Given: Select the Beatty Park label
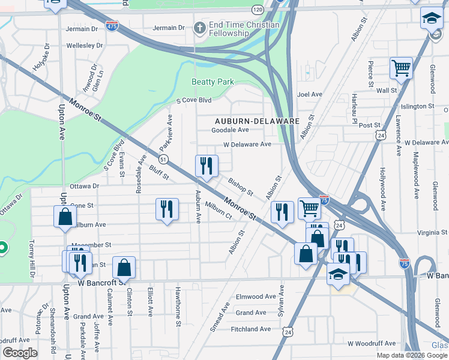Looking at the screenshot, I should coord(212,82).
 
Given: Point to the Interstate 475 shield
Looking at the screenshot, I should coord(112,25).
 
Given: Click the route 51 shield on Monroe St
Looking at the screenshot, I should coord(163,158).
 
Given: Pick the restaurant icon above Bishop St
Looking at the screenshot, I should coord(205,166).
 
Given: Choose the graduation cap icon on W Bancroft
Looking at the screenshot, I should coord(338,274).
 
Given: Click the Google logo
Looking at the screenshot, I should coord(20,353).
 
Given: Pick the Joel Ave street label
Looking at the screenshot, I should coord(310,94).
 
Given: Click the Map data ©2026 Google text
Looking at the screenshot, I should coord(411,355).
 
